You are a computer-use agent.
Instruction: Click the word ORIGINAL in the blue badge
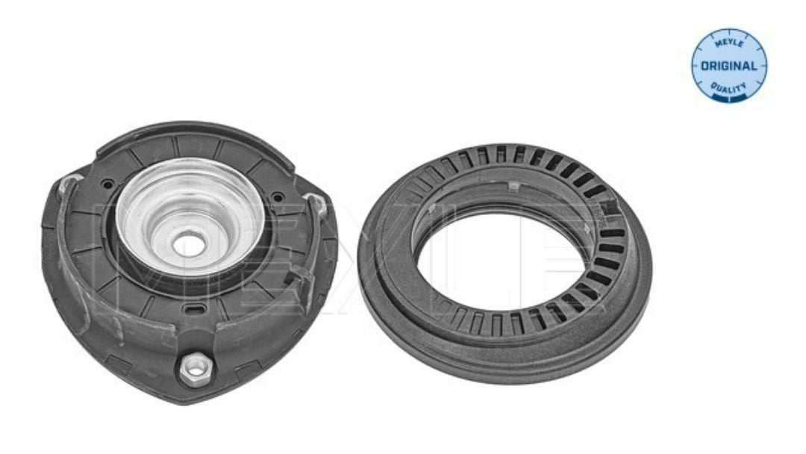point(729,66)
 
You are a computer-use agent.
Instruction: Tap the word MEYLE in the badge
point(729,44)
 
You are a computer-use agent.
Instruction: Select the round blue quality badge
point(729,65)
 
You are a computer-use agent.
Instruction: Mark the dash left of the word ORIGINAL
point(696,66)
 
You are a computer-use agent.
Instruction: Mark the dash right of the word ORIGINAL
point(762,66)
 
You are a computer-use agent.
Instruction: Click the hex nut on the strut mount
point(196,368)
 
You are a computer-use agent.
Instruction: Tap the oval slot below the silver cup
point(194,310)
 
